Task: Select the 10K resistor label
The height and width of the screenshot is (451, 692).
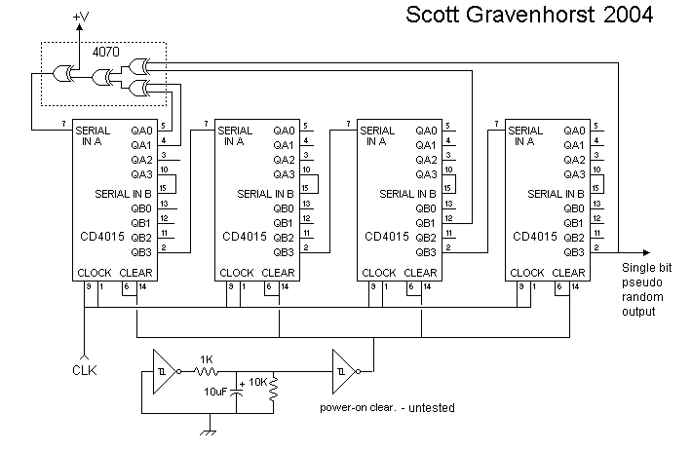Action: click(257, 382)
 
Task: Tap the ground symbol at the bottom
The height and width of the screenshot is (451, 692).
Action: click(208, 430)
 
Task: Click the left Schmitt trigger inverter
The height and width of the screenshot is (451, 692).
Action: click(164, 370)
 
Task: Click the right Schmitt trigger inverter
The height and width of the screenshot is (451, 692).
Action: click(344, 370)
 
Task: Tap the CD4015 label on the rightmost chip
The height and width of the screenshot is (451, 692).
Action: click(533, 237)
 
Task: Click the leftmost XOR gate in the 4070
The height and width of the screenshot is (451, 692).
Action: click(68, 74)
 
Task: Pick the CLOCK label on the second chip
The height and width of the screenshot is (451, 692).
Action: click(237, 273)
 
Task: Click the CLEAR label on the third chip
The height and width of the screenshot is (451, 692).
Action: click(422, 273)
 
